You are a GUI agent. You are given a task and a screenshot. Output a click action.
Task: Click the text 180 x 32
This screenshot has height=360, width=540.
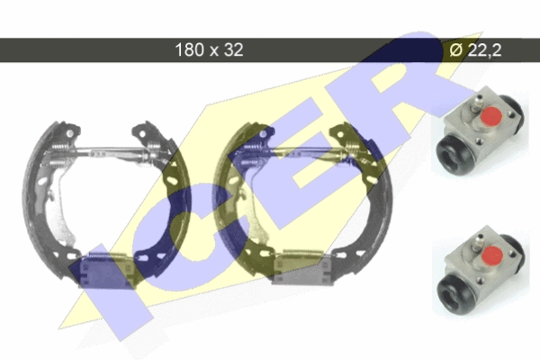coord(209,49)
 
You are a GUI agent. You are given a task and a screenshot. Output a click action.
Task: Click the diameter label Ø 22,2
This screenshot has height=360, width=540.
coord(475,50)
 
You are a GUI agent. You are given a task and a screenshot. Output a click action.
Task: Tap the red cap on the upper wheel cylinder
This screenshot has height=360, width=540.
coord(490,115)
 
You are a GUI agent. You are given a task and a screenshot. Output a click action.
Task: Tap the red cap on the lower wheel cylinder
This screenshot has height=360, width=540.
coord(491,255)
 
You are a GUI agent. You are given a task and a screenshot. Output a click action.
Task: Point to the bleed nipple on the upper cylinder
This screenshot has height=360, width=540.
coord(476,103)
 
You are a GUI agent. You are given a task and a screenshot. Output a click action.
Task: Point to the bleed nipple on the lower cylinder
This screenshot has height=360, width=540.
coord(479,242)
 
